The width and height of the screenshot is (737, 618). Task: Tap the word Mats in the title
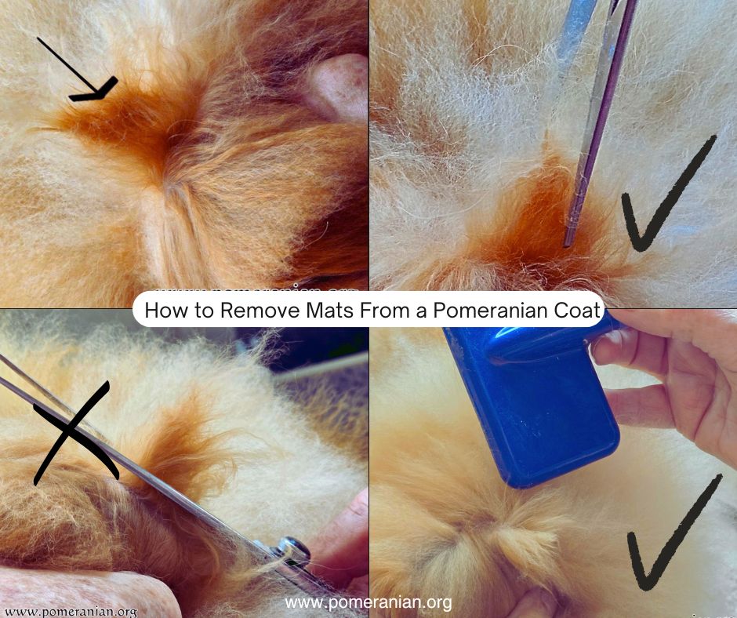coord(321,311)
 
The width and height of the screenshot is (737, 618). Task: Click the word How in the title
coord(163,311)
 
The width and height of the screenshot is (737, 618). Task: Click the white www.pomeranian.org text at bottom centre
coord(368,602)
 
